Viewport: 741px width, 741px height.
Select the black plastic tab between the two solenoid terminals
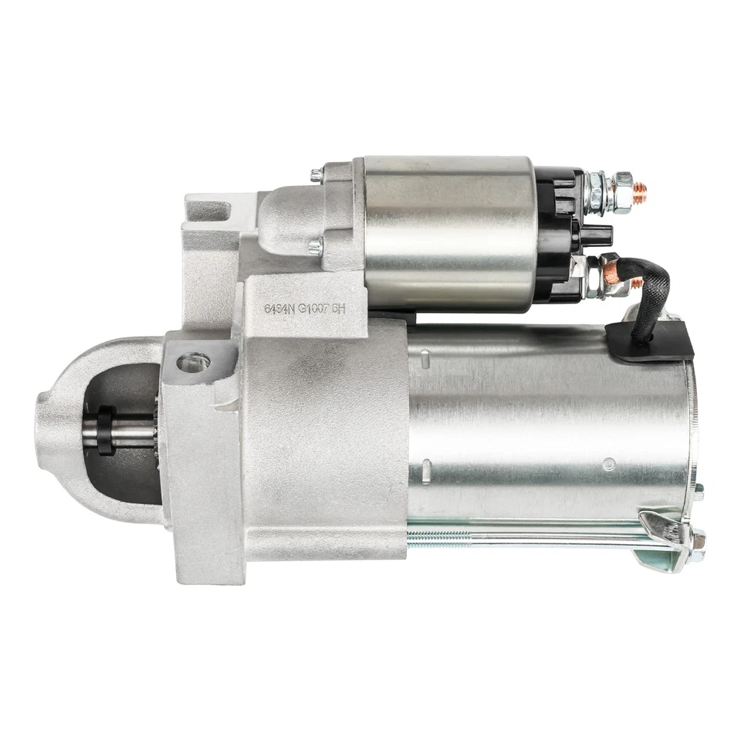[597, 235]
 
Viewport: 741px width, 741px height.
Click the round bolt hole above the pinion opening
[192, 361]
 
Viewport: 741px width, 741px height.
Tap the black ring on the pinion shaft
[105, 430]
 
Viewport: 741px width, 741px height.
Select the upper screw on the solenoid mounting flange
[316, 175]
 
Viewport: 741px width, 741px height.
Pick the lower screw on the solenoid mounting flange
[314, 247]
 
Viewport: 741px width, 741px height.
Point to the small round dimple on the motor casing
[608, 464]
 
